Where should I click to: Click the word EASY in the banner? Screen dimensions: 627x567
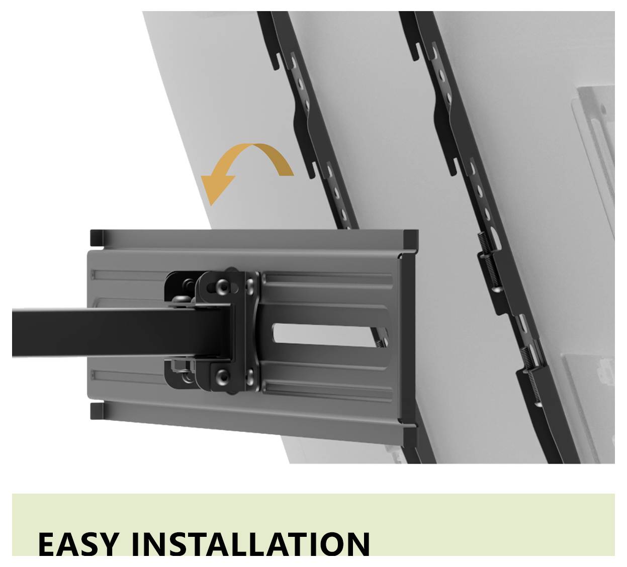coord(78,543)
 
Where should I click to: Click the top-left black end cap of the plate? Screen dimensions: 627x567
coord(97,238)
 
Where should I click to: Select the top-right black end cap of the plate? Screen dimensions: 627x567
coord(411,238)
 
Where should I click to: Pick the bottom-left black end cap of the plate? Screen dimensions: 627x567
coord(97,411)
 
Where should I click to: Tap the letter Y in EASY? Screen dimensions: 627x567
coord(107,543)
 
